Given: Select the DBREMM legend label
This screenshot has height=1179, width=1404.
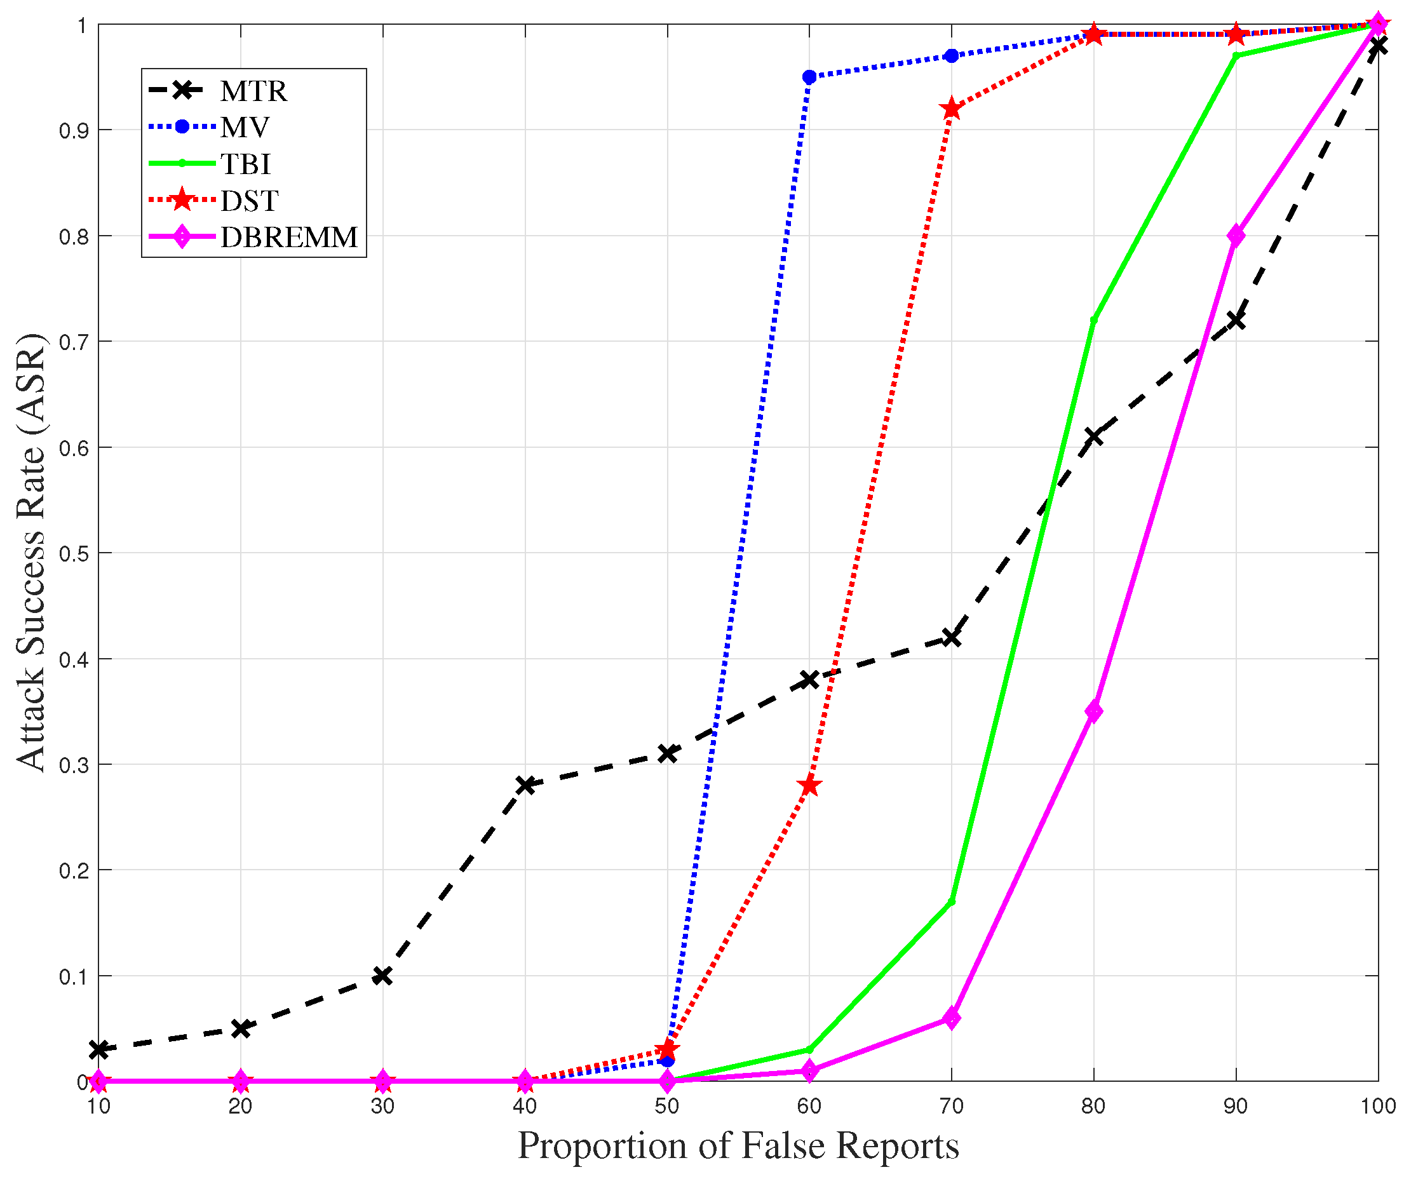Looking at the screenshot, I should click(289, 238).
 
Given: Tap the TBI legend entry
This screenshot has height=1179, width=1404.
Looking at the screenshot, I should click(245, 165).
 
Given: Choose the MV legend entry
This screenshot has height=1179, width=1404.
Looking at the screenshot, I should click(245, 128).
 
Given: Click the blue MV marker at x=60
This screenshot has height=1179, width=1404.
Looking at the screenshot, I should click(809, 77).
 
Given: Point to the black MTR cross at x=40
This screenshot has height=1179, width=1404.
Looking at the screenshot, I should click(525, 785).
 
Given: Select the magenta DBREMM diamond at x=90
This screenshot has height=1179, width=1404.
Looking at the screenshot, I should click(1236, 236).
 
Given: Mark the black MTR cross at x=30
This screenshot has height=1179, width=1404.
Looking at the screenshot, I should click(382, 976).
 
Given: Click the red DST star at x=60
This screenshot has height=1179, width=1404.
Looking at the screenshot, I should click(809, 785).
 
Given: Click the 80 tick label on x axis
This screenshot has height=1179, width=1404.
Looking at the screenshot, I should click(1094, 1106).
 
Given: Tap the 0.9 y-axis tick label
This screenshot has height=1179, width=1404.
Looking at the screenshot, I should click(74, 131).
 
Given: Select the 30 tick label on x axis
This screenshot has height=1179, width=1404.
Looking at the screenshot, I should click(382, 1106).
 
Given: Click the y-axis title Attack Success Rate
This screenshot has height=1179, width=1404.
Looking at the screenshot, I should click(30, 553).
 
